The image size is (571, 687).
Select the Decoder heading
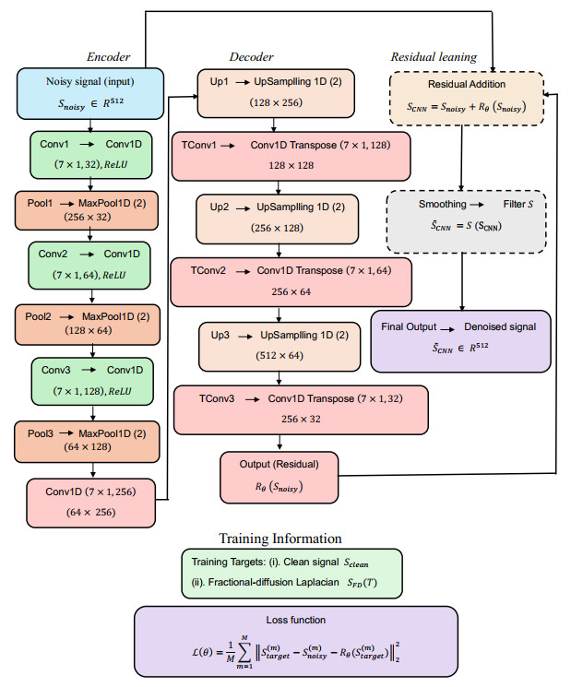pos(251,57)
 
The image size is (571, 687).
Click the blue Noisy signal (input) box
pos(89,93)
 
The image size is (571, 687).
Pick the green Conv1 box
pos(89,154)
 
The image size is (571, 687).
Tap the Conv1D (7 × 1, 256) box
pos(89,501)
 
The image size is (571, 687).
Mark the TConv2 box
pos(291,281)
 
